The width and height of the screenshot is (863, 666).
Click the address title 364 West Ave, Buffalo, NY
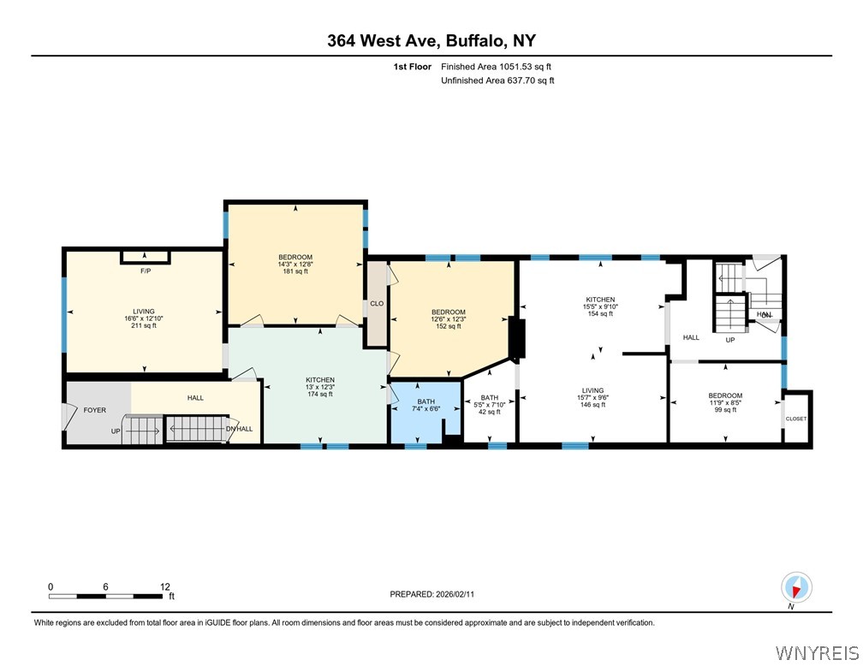[431, 40]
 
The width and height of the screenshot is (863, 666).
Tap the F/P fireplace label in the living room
[145, 271]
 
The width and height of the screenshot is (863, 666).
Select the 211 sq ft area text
[143, 325]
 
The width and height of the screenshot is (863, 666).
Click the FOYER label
[94, 410]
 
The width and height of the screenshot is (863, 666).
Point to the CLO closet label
[376, 303]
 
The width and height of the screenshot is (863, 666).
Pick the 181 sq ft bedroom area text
[295, 271]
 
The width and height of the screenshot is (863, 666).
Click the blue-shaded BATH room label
[426, 401]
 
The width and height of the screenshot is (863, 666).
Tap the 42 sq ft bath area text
[490, 412]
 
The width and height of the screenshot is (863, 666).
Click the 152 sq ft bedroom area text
[449, 326]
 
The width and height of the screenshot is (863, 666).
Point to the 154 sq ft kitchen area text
[601, 314]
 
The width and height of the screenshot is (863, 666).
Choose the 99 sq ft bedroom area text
[725, 410]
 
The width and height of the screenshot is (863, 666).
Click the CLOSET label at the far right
[796, 419]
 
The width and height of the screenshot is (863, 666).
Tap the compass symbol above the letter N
[796, 587]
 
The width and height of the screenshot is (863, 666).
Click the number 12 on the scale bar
[165, 587]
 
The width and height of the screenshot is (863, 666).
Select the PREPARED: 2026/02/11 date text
[431, 594]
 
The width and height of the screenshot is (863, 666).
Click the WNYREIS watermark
[816, 653]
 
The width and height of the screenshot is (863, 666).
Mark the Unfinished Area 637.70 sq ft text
[497, 80]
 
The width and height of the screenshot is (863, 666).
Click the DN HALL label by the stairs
[239, 428]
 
